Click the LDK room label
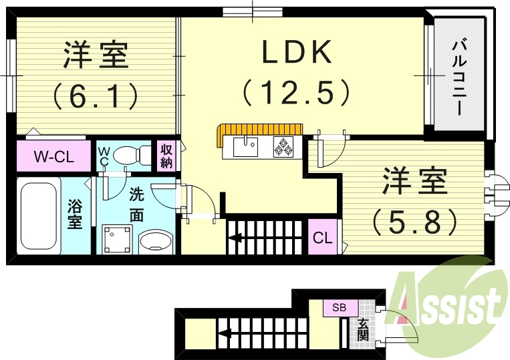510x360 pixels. [x=297, y=52]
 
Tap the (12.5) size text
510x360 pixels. [x=296, y=92]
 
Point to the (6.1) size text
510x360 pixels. [x=96, y=96]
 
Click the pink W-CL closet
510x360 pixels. [x=53, y=158]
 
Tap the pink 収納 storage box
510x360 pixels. [x=166, y=156]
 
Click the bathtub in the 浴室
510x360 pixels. [x=39, y=214]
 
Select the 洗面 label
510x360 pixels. [x=136, y=205]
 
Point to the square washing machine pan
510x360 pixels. [x=118, y=238]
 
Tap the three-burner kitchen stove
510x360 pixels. [x=283, y=147]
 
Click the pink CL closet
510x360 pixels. [x=322, y=237]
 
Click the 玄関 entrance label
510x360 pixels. [x=362, y=328]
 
